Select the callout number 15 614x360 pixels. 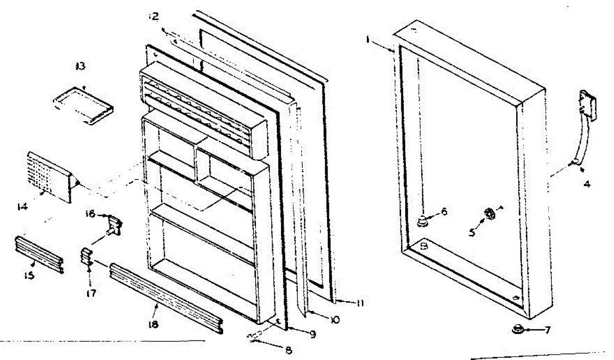point(29,276)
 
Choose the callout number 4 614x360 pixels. point(587,184)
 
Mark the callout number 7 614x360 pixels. point(547,330)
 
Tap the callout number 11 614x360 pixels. point(360,303)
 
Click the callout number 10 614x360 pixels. point(336,320)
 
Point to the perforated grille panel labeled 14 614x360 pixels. point(50,176)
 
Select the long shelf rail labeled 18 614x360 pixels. point(166,298)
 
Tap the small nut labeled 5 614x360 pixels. point(489,214)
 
